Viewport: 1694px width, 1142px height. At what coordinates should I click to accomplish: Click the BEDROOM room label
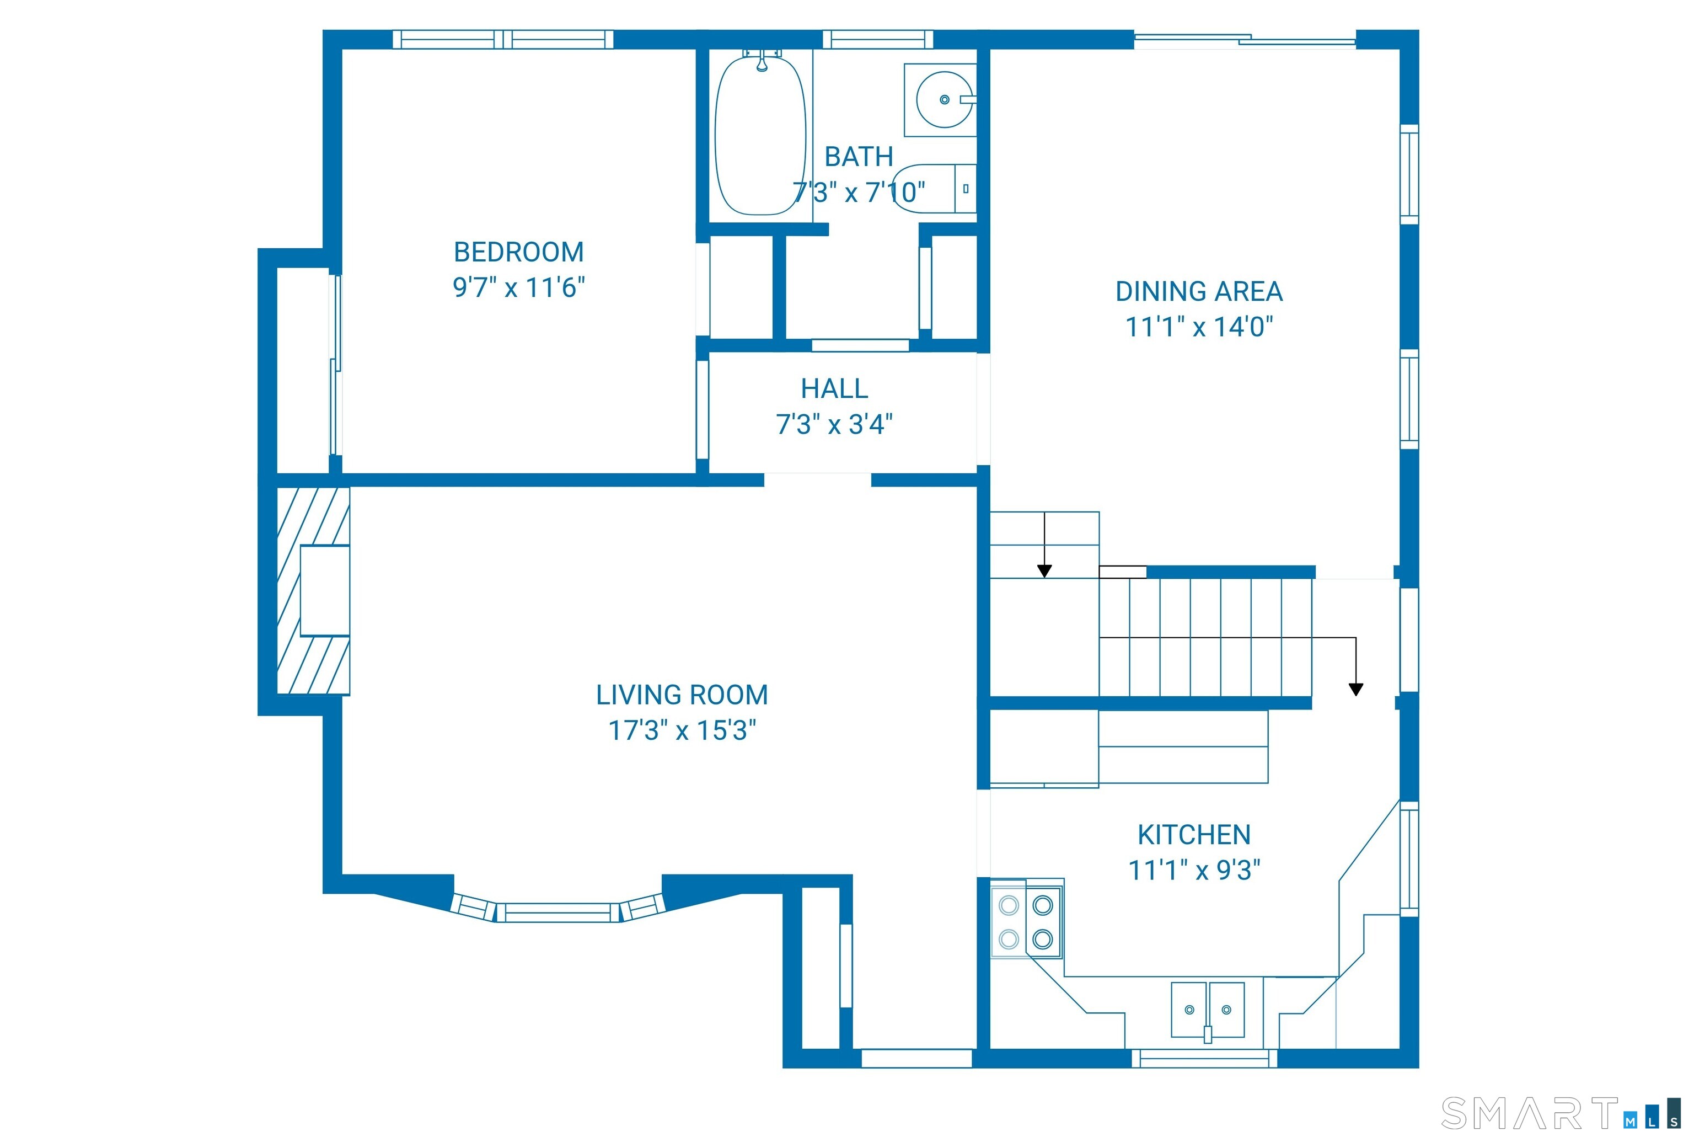click(518, 252)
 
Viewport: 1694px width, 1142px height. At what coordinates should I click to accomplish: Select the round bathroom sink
click(944, 100)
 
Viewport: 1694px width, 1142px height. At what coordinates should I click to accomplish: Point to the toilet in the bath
click(934, 189)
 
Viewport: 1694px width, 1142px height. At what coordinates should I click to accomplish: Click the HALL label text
click(834, 389)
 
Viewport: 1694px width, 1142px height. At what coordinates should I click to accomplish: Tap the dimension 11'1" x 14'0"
click(1199, 327)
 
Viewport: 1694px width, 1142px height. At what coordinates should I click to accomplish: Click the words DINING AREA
click(1199, 291)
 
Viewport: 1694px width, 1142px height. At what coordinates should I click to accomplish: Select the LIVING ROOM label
click(682, 695)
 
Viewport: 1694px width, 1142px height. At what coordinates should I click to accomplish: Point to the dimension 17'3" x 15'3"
click(682, 730)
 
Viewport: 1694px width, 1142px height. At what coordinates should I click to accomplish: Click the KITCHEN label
click(1194, 835)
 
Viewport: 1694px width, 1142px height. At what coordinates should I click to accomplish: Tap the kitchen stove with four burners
click(1026, 922)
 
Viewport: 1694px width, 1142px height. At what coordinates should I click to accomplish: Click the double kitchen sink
click(1207, 1010)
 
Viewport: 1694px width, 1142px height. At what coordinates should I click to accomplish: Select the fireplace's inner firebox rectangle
click(325, 590)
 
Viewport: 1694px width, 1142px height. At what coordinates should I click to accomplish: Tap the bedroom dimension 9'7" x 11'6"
click(518, 287)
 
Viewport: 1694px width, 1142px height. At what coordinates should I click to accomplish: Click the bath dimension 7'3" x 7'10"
click(859, 193)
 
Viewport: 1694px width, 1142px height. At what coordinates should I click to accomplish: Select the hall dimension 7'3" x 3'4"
click(834, 424)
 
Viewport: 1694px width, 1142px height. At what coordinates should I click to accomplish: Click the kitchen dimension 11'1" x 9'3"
click(1194, 869)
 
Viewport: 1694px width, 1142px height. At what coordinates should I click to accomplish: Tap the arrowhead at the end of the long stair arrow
click(1355, 689)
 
